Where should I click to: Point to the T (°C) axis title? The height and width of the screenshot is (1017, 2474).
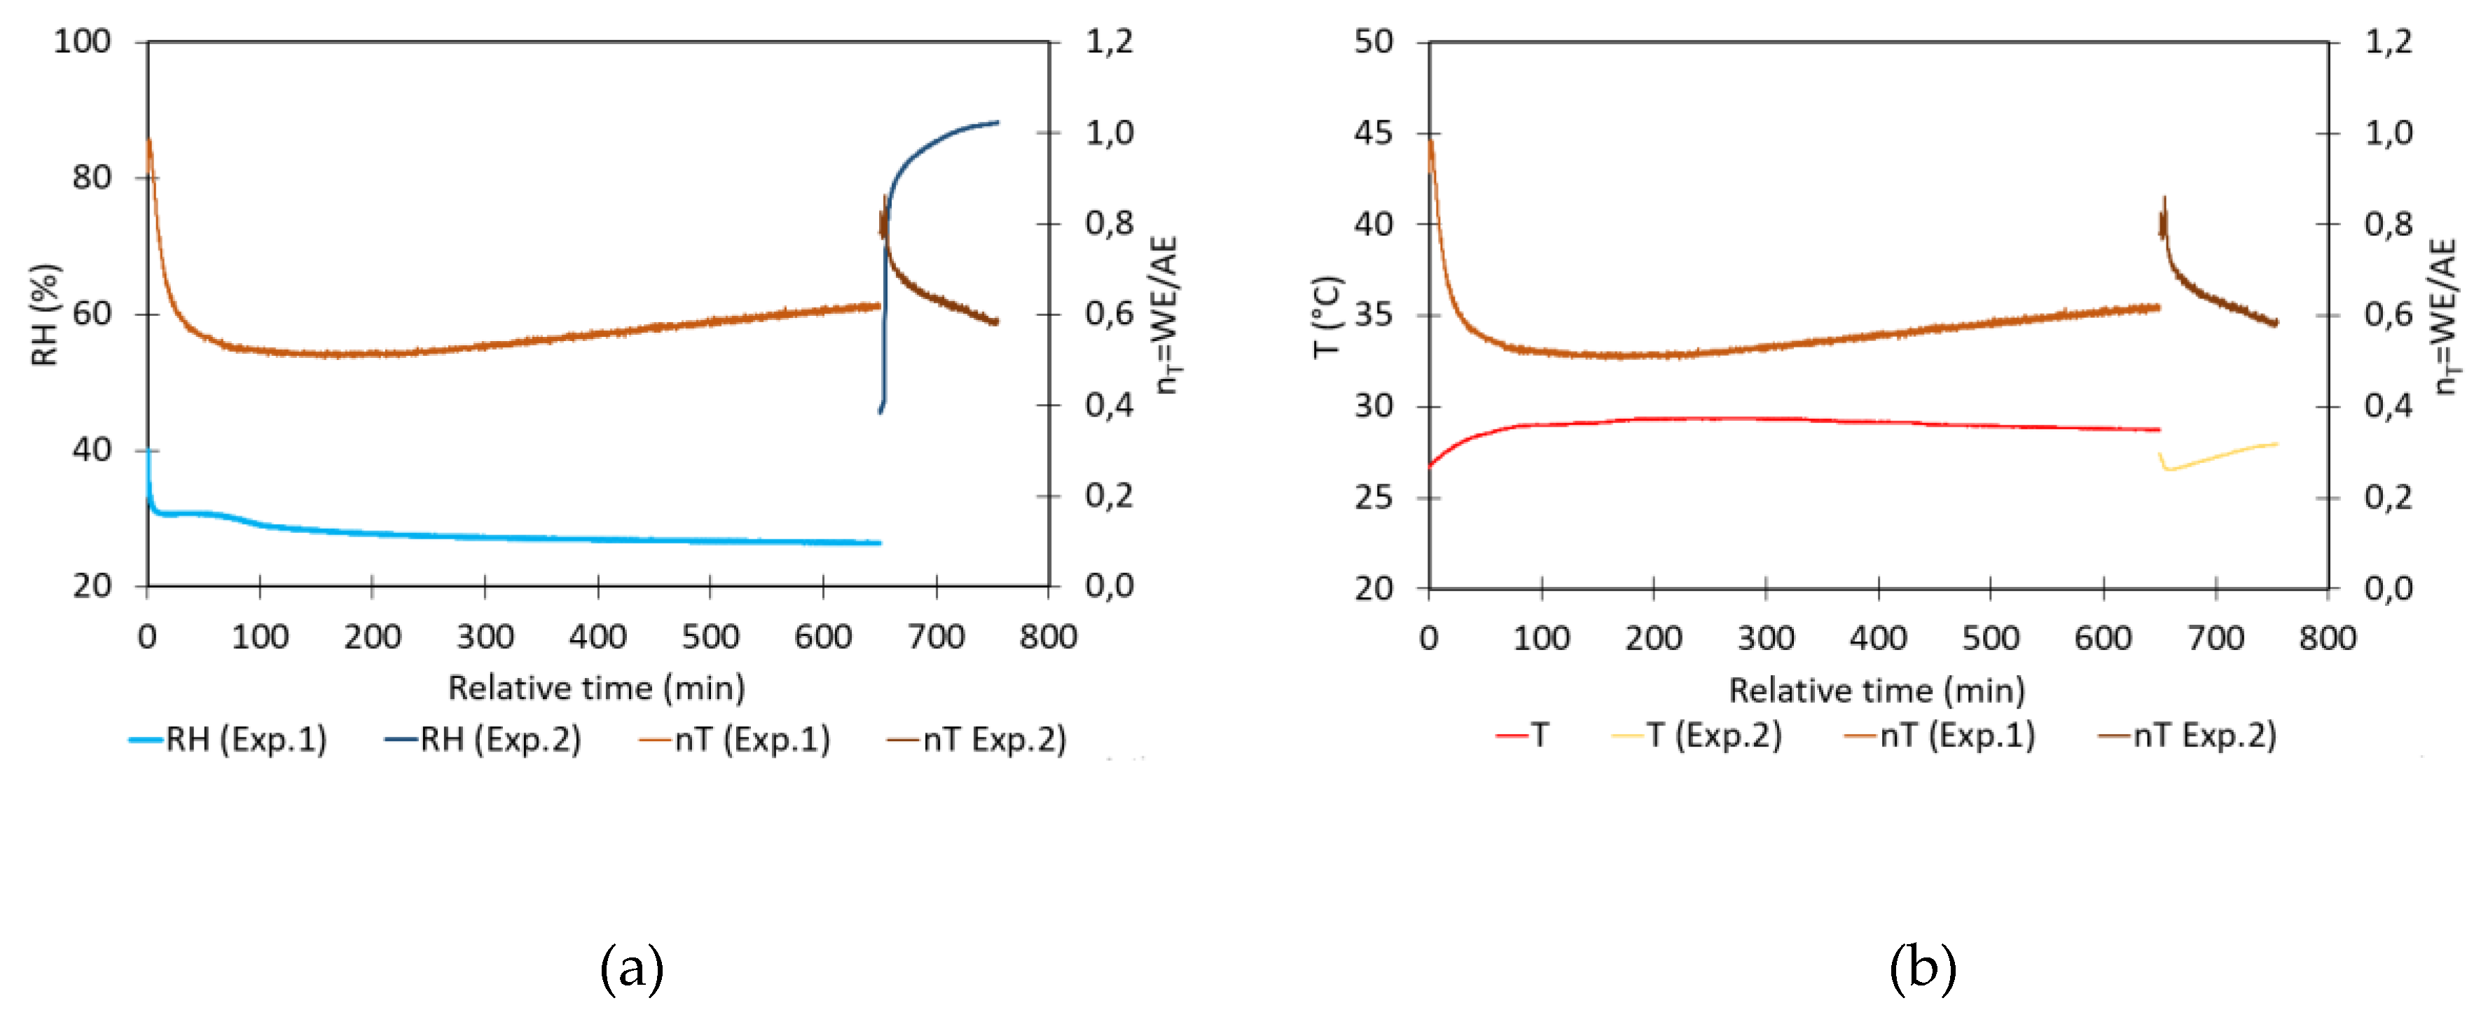tap(1327, 316)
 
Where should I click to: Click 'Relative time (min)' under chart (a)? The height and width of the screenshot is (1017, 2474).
tap(596, 688)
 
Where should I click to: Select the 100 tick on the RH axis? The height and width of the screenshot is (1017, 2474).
tap(82, 41)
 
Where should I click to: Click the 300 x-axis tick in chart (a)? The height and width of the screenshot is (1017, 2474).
tap(485, 637)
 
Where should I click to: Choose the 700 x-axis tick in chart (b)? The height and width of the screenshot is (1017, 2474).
tap(2215, 637)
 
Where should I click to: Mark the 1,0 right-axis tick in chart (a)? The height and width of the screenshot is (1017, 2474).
tap(1110, 132)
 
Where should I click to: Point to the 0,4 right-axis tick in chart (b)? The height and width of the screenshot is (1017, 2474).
tap(2389, 406)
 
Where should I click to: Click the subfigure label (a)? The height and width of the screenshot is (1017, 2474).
tap(631, 968)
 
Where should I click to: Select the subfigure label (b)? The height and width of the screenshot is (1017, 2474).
tap(1922, 968)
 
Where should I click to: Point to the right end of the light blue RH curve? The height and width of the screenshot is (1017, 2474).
tap(878, 544)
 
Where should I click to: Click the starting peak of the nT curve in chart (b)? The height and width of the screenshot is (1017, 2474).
tap(1431, 143)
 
